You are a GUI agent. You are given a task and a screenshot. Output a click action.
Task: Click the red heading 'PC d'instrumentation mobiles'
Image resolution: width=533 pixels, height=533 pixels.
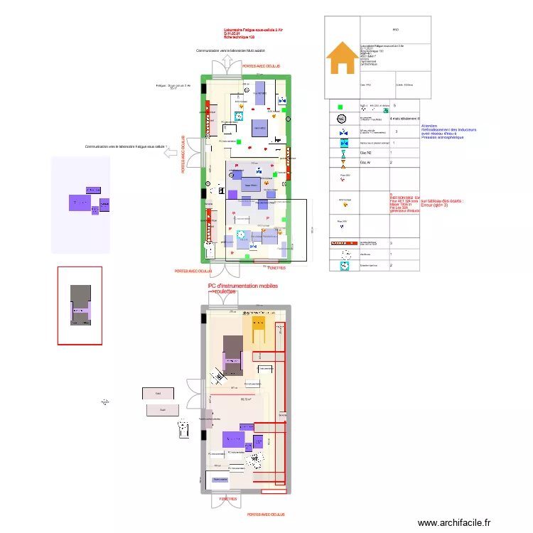tap(242, 286)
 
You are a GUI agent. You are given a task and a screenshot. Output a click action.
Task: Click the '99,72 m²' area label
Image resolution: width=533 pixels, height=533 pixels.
tap(247, 399)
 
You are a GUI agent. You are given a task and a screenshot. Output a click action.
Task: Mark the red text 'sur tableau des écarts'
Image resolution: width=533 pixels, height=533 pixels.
tap(442, 201)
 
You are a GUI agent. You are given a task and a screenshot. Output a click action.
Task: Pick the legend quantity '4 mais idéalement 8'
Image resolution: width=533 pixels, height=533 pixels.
tap(406, 119)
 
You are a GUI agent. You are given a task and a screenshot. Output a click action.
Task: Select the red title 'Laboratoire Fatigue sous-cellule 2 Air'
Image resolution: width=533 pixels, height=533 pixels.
tap(253, 29)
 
